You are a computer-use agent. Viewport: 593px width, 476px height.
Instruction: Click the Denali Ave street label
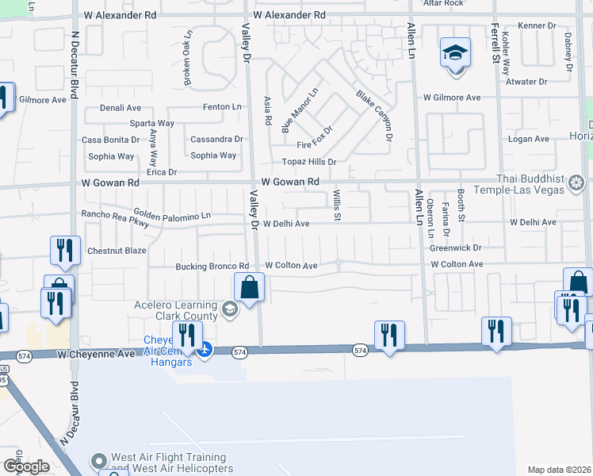[x=120, y=108]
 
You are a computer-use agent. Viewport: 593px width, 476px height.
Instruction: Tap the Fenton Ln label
[x=222, y=106]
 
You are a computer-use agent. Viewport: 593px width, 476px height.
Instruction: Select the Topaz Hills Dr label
[x=305, y=161]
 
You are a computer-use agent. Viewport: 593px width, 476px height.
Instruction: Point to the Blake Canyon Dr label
[x=374, y=116]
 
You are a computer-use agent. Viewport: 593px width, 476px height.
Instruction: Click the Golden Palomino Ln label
[x=172, y=214]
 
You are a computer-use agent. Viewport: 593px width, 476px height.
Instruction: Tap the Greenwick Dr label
[x=456, y=248]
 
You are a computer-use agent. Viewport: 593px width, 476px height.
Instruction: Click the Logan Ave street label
[x=529, y=139]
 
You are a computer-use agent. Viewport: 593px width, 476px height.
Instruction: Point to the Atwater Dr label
[x=526, y=82]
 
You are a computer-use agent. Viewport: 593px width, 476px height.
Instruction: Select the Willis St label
[x=337, y=205]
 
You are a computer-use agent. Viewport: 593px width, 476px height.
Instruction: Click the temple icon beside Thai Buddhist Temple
[x=576, y=185]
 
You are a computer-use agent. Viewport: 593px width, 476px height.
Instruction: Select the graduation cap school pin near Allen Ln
[x=455, y=53]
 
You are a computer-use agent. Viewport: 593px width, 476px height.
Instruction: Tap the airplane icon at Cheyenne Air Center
[x=205, y=348]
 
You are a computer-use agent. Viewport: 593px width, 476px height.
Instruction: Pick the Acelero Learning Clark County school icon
[x=229, y=309]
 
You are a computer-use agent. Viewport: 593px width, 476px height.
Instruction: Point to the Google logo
[x=26, y=466]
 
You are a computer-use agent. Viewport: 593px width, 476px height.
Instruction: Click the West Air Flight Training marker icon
[x=98, y=461]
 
